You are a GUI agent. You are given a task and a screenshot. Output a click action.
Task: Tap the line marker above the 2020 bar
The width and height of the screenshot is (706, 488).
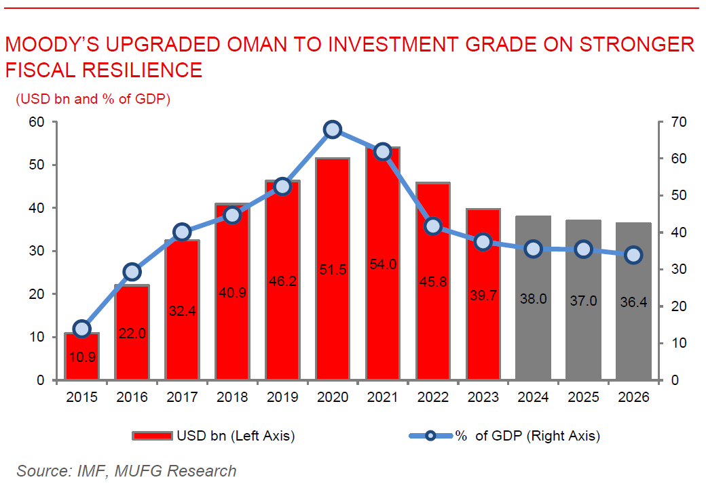[333, 130]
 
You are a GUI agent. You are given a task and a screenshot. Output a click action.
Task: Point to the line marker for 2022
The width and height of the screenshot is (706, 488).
[432, 226]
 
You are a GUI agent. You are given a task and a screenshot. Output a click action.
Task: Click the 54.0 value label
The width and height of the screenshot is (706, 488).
[383, 265]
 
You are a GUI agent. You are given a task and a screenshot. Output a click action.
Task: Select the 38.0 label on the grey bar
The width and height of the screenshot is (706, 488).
[533, 300]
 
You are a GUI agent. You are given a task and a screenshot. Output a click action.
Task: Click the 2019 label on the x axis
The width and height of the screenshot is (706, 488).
[282, 398]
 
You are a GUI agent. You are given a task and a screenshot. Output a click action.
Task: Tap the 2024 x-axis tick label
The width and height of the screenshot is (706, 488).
[533, 398]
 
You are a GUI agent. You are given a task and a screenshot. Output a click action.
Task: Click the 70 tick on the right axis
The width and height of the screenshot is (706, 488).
[678, 123]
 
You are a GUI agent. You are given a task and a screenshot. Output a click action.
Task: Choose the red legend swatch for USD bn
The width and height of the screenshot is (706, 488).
[153, 436]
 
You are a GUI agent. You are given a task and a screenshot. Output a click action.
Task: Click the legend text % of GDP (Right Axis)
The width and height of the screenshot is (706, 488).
[527, 436]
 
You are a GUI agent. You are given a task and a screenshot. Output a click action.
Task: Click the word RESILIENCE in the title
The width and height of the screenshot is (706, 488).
[138, 70]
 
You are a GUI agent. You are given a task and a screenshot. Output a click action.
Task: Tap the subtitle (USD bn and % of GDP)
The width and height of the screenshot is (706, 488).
[93, 99]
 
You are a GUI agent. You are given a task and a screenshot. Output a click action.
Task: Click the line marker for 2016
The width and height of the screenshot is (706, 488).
[132, 272]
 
